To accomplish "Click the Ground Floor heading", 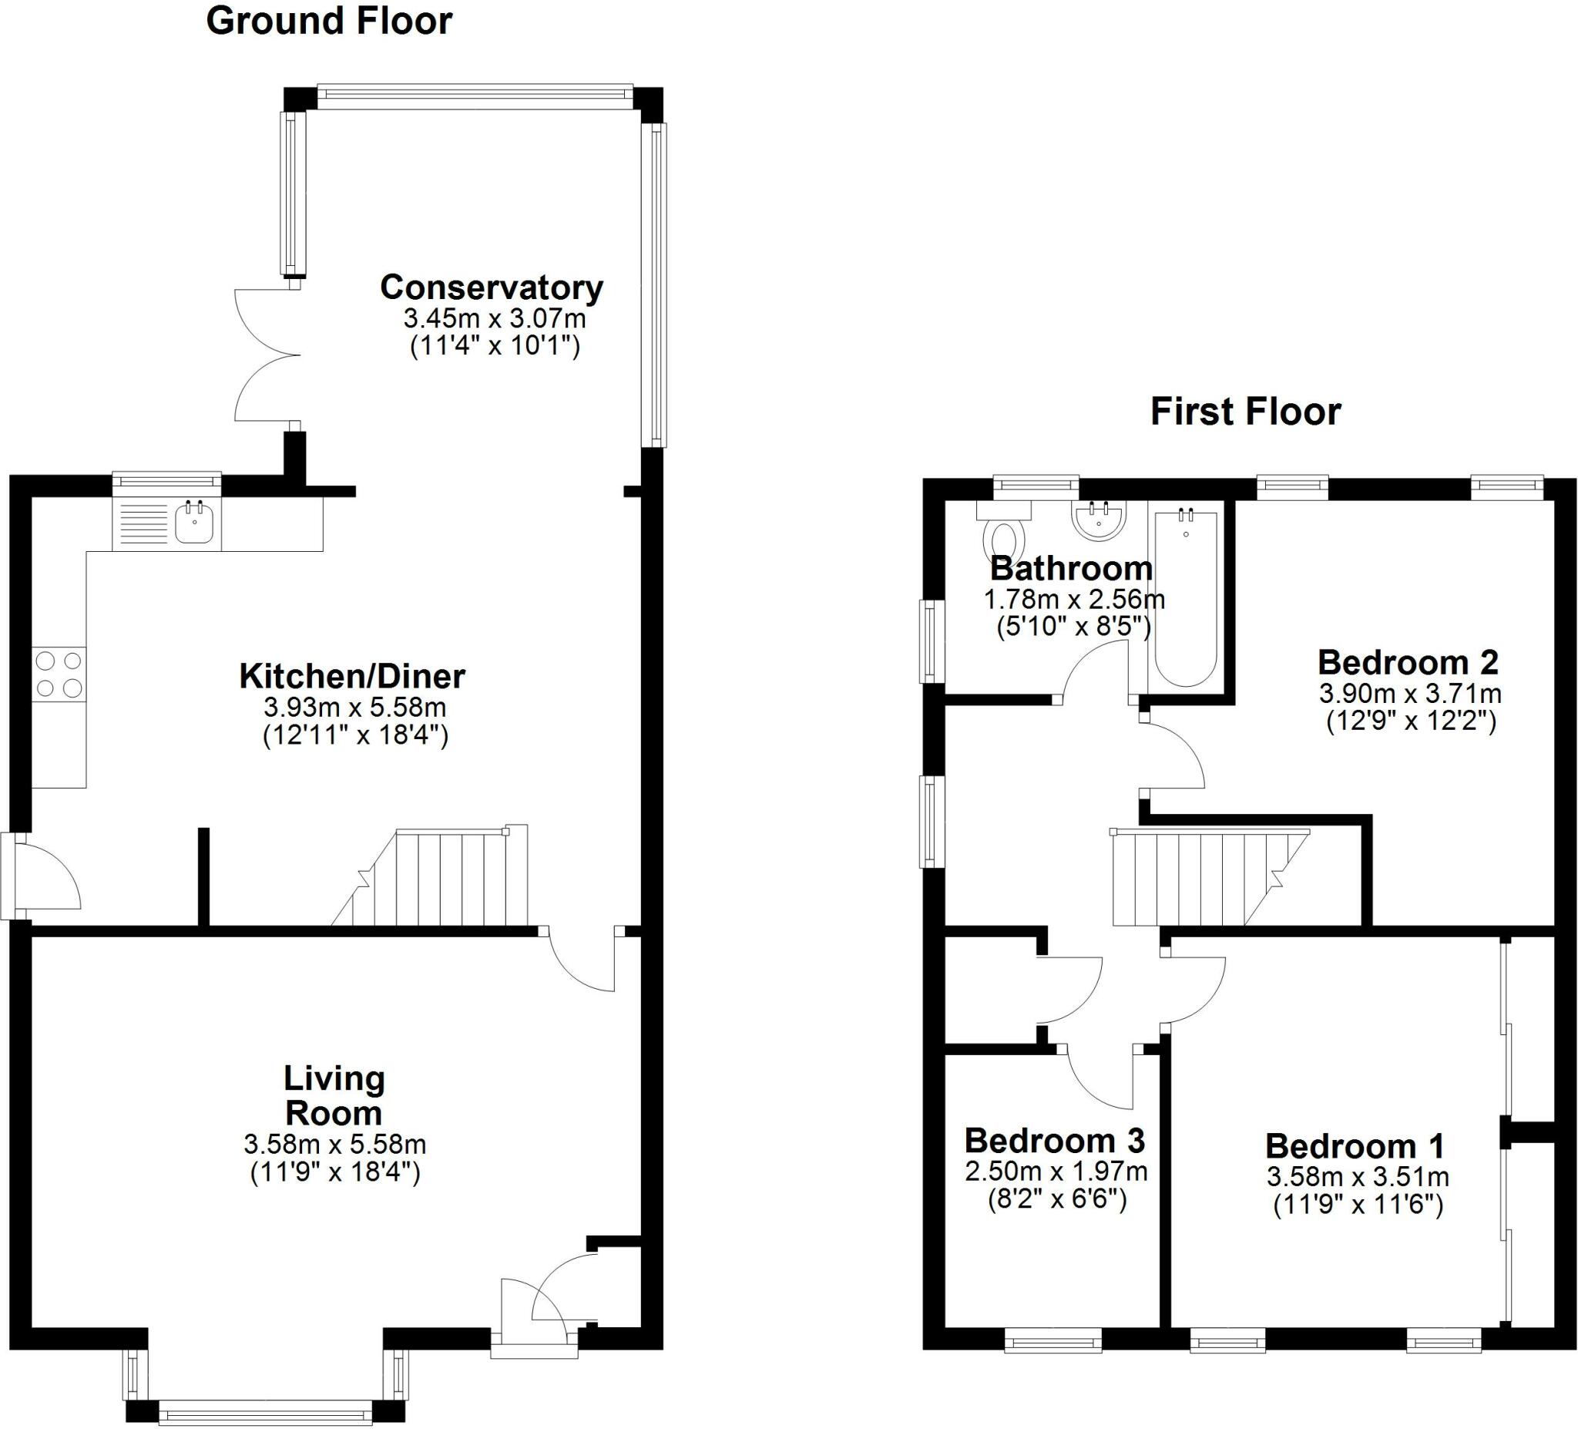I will (329, 21).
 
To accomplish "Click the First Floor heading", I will (1245, 412).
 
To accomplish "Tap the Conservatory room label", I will (492, 287).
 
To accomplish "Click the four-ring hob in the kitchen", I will (59, 674).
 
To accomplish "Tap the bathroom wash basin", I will (1099, 520).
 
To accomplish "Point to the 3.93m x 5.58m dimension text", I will (354, 708).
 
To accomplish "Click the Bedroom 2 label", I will (1408, 662).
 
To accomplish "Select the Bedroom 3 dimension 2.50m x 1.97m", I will (1056, 1172).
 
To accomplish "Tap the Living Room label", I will (334, 1095).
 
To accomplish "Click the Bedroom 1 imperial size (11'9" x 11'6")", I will (1358, 1205).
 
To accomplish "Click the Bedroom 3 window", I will (1053, 1343).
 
